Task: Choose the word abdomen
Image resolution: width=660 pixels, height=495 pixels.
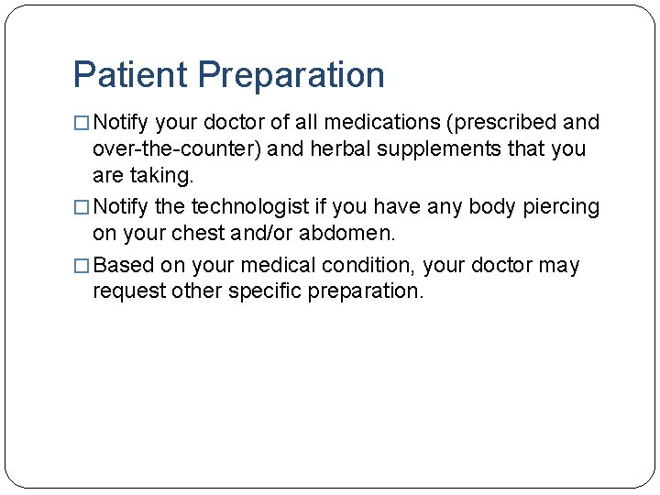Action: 354,234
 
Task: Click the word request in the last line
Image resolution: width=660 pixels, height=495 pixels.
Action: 123,292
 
